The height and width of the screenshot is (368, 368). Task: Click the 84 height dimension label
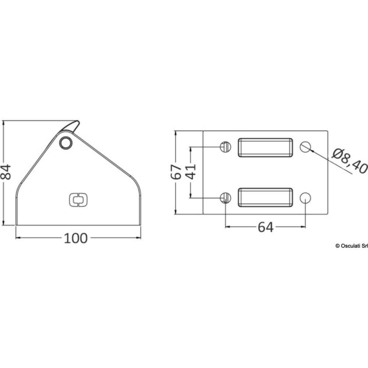coord(6,172)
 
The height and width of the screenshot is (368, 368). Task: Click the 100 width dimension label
coord(75,238)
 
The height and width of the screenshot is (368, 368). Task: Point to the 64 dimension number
coord(266,227)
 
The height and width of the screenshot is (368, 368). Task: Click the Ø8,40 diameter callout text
coord(350,161)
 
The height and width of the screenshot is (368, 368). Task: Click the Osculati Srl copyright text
coord(351,246)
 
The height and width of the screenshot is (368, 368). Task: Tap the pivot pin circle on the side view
coord(66,142)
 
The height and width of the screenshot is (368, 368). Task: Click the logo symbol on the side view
coord(78,200)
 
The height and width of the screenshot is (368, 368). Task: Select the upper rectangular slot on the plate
coord(265,148)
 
